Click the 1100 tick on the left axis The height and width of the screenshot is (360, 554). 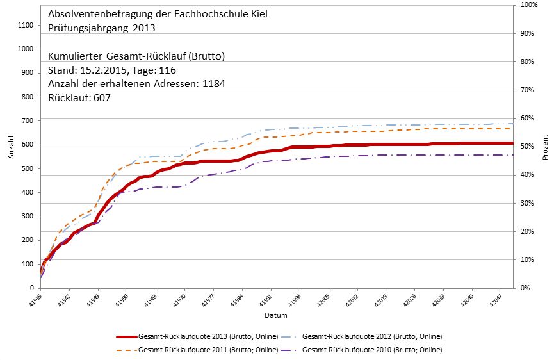point(24,25)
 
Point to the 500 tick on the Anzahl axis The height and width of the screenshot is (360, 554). point(26,168)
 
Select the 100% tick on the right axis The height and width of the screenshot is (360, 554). point(529,5)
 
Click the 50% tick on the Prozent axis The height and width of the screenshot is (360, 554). point(528,147)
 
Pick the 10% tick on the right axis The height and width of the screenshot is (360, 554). point(528,260)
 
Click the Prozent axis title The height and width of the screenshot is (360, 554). point(546,147)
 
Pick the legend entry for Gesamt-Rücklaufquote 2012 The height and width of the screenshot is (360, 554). point(371,336)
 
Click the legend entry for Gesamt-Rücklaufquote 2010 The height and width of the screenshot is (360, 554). point(371,350)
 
